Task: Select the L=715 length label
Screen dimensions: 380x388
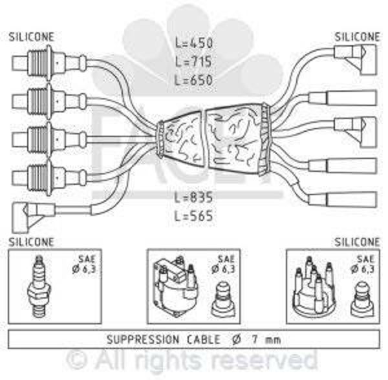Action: click(195, 61)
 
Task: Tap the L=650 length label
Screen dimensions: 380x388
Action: click(195, 81)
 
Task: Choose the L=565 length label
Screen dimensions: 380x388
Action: click(195, 215)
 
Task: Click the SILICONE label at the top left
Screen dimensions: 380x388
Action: click(32, 37)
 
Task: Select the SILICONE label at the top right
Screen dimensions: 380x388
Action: click(357, 37)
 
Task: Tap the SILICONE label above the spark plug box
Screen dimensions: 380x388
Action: click(32, 242)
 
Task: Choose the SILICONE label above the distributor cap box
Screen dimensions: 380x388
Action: click(357, 242)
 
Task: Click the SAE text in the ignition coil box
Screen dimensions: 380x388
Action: click(222, 258)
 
